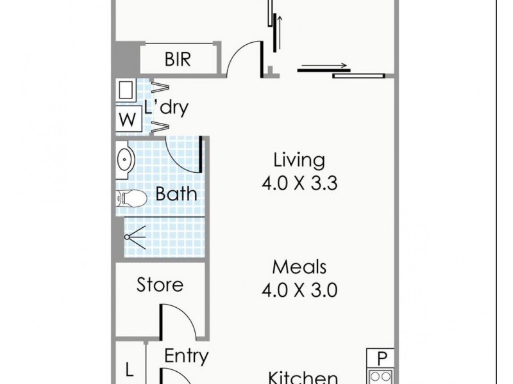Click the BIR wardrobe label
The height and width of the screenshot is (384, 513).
[x=177, y=60]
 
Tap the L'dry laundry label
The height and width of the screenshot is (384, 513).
[x=166, y=108]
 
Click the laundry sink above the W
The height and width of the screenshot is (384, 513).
[x=125, y=90]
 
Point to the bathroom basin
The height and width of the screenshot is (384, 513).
[x=124, y=157]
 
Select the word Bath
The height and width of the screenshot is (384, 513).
[x=176, y=194]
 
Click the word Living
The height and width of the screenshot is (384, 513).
[x=299, y=159]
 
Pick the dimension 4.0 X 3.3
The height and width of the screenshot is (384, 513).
[x=299, y=184]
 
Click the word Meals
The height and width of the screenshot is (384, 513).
[x=299, y=266]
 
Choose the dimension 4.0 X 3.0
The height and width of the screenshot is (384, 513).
[x=299, y=291]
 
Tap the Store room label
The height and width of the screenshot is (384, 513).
[x=160, y=284]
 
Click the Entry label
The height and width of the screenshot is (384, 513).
[x=186, y=356]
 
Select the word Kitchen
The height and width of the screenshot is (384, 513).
[x=303, y=378]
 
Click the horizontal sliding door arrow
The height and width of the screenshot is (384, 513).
[x=324, y=65]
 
